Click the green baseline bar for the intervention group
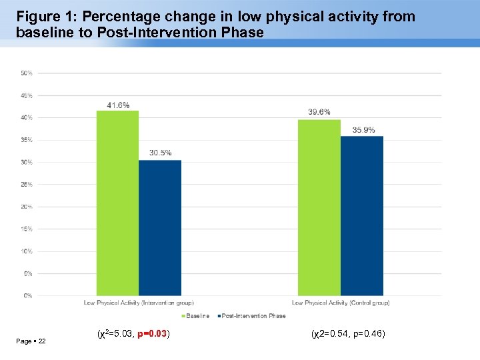tap(117, 203)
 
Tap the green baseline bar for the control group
tap(319, 207)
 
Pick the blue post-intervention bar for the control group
tap(361, 216)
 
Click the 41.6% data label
tap(118, 105)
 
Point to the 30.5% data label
tap(160, 153)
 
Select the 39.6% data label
tap(319, 112)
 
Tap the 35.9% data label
tap(363, 130)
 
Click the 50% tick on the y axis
tap(27, 73)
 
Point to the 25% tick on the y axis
tap(27, 184)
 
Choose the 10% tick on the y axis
tap(27, 251)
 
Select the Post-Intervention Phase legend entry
tap(253, 316)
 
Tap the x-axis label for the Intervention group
tap(135, 303)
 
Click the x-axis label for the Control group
tap(341, 303)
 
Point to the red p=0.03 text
tap(151, 333)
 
